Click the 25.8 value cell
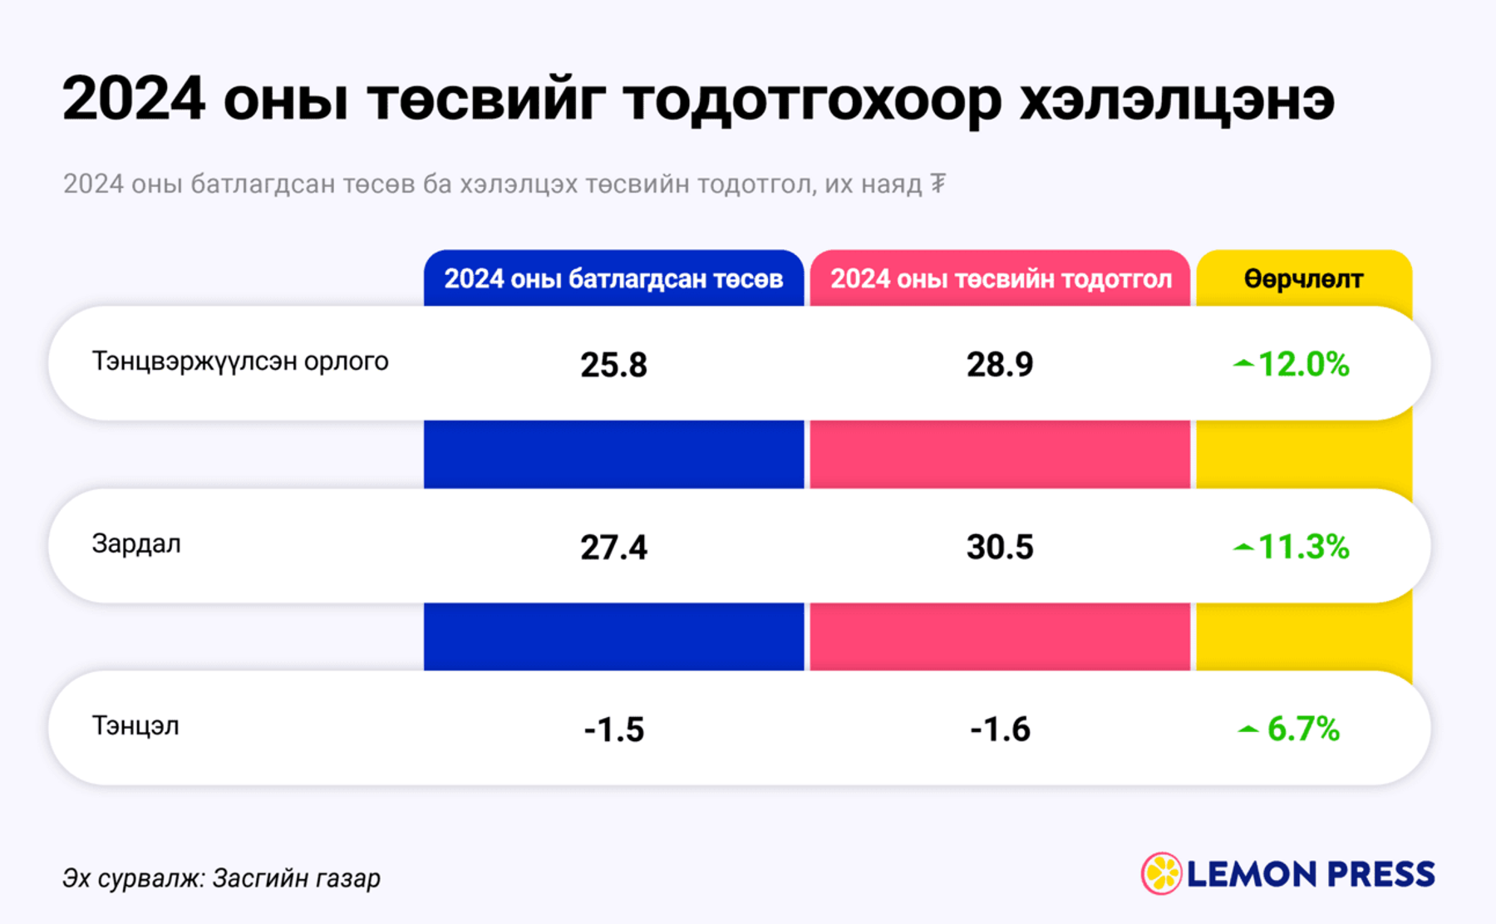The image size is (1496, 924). [613, 365]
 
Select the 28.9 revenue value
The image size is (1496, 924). [1000, 365]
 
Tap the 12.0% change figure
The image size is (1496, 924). [1303, 364]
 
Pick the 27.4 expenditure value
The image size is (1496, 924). [613, 548]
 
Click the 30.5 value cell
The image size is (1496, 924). [1000, 548]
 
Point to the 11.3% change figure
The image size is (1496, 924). [1303, 547]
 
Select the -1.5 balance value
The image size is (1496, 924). [613, 730]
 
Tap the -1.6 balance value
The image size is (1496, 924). [1000, 730]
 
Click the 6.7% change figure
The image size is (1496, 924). [1303, 729]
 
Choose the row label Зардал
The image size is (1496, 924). [136, 544]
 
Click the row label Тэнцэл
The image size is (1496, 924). [135, 726]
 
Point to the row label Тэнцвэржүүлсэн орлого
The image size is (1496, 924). [240, 361]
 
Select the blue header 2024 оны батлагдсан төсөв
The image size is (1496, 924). [613, 278]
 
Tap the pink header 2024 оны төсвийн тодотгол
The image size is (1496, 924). [1001, 278]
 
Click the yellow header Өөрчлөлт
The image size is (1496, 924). [1303, 278]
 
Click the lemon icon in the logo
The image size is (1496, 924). [1161, 873]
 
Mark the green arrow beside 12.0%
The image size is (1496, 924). [1243, 364]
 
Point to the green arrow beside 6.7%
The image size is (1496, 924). [1248, 730]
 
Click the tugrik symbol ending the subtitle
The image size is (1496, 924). [938, 184]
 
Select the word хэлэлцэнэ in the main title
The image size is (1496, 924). [1177, 100]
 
